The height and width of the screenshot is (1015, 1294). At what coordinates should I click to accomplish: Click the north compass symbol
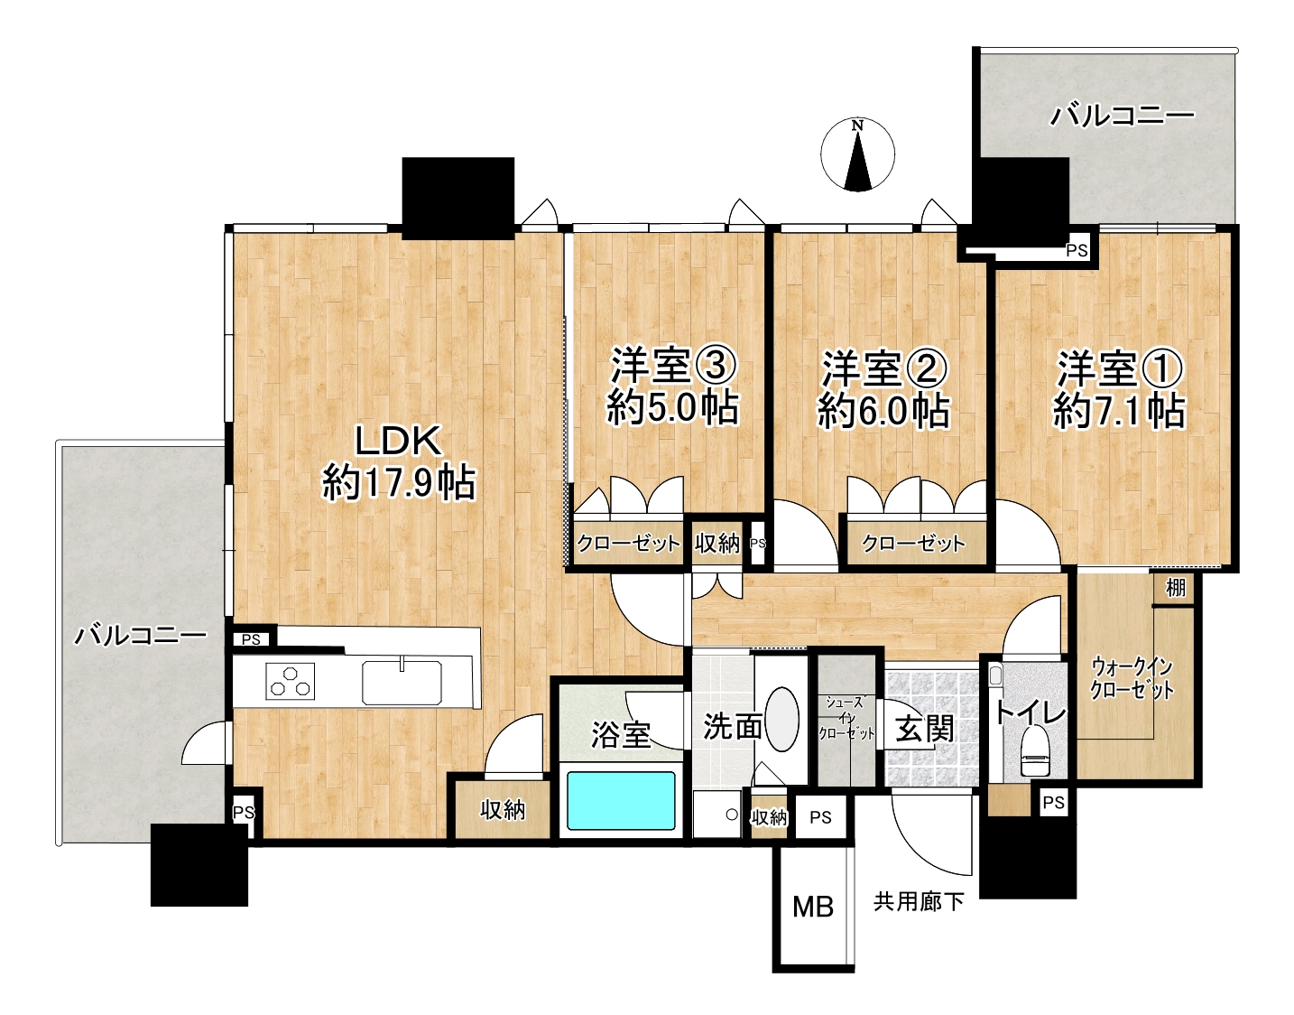pyautogui.click(x=857, y=155)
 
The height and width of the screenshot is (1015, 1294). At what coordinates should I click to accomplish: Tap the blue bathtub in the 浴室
pyautogui.click(x=621, y=801)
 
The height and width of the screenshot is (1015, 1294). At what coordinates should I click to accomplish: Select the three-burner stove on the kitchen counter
pyautogui.click(x=290, y=681)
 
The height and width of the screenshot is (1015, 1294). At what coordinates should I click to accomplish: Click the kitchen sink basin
pyautogui.click(x=402, y=682)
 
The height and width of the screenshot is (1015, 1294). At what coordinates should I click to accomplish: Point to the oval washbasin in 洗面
pyautogui.click(x=781, y=719)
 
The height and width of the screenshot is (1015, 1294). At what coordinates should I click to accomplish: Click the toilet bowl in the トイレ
pyautogui.click(x=1036, y=752)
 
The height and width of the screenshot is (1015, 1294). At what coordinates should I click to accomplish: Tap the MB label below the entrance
pyautogui.click(x=813, y=908)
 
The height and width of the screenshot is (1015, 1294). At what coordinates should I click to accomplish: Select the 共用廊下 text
pyautogui.click(x=919, y=902)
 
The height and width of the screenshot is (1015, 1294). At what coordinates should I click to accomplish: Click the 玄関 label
pyautogui.click(x=926, y=729)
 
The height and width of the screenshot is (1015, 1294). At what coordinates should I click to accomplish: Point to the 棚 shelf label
pyautogui.click(x=1176, y=588)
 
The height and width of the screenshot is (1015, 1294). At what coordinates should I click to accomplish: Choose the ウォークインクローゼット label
pyautogui.click(x=1132, y=679)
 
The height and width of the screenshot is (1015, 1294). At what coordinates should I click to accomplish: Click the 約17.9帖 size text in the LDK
pyautogui.click(x=399, y=483)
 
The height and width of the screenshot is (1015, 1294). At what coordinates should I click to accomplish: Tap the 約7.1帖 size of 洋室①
pyautogui.click(x=1119, y=412)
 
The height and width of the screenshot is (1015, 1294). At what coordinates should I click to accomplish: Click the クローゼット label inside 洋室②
pyautogui.click(x=913, y=544)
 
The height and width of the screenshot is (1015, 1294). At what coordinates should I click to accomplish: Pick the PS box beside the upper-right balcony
pyautogui.click(x=1077, y=251)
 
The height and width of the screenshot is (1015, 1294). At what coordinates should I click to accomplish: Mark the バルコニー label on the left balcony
pyautogui.click(x=141, y=636)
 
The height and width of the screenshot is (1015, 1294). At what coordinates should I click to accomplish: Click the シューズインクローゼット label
pyautogui.click(x=846, y=718)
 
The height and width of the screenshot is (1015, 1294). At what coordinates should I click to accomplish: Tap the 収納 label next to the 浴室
pyautogui.click(x=504, y=810)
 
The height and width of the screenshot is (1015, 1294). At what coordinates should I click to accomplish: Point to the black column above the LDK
pyautogui.click(x=458, y=198)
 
